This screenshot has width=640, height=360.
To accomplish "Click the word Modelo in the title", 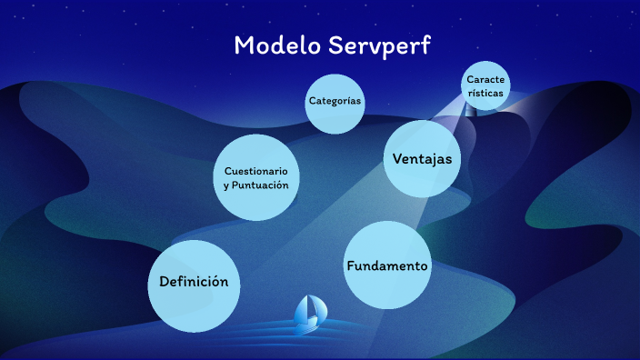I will [x=270, y=45].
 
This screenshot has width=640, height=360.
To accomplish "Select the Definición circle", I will [x=194, y=283].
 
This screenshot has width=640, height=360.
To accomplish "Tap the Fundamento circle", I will [x=386, y=265].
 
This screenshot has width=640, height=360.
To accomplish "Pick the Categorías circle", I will [x=335, y=102].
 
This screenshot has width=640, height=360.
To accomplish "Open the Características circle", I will [x=485, y=85].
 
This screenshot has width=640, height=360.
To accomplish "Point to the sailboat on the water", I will [x=309, y=314].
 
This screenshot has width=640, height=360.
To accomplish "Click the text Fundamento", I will [x=386, y=266].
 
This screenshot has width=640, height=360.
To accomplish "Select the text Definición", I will [x=194, y=282].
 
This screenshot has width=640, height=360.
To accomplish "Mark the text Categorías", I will [x=335, y=101].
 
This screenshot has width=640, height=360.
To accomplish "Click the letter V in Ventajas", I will [x=397, y=159].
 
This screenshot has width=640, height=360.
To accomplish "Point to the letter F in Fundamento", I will [x=350, y=266].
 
